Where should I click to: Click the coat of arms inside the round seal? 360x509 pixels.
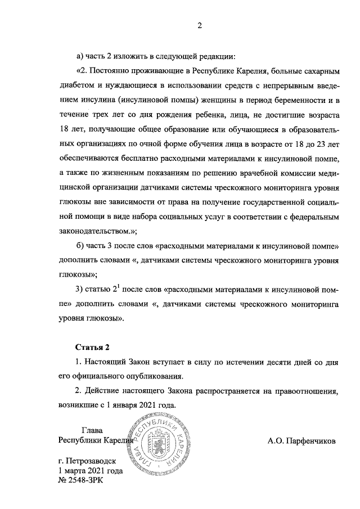159,444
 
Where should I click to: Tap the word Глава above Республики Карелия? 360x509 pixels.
93,431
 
